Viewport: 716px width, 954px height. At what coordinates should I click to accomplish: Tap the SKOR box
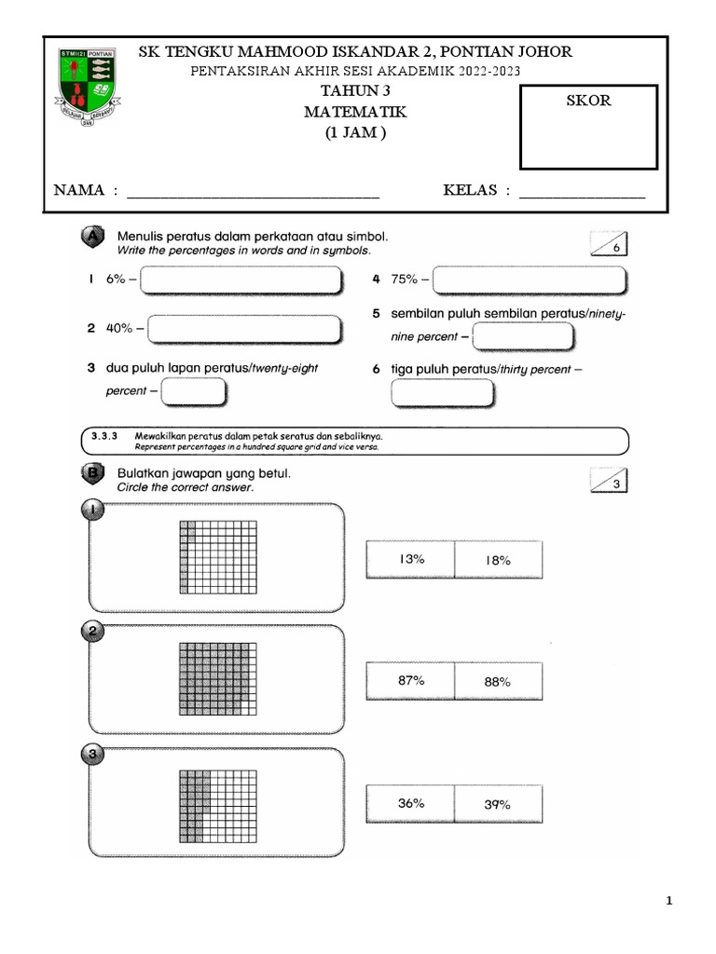click(588, 127)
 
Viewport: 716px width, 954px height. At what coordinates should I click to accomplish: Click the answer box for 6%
click(241, 279)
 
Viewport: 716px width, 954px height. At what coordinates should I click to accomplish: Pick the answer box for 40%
click(243, 329)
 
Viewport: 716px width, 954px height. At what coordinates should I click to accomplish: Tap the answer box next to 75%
click(530, 279)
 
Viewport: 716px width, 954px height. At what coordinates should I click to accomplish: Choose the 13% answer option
click(411, 559)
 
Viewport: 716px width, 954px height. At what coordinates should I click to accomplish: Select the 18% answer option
click(498, 560)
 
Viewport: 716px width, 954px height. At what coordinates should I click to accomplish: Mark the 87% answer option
click(411, 681)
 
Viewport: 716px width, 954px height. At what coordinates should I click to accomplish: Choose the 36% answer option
click(411, 802)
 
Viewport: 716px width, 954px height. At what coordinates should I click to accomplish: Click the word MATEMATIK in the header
click(355, 112)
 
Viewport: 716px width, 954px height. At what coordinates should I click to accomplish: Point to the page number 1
click(669, 901)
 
